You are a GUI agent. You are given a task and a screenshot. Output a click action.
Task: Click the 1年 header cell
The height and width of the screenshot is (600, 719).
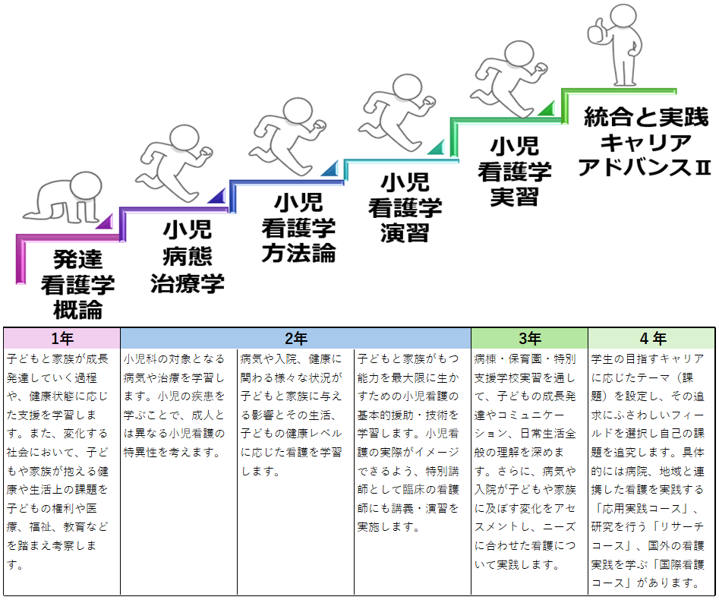[x=61, y=338]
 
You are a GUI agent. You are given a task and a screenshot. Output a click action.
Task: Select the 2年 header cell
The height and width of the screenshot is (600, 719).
[x=295, y=338]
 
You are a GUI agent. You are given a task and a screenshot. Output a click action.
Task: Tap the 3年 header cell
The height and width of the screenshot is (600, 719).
[x=529, y=338]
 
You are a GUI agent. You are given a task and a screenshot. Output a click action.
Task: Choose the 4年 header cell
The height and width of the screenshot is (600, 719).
[x=651, y=338]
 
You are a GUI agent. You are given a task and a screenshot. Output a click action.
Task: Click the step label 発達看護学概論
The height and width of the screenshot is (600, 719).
[x=77, y=284]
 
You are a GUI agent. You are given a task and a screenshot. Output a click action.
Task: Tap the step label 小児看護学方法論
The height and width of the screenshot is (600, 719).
[x=298, y=226]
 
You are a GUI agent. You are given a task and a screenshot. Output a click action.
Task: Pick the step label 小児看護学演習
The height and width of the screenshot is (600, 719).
[x=405, y=206]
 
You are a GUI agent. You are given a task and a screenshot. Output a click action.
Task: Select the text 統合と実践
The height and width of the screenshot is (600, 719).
[x=646, y=118]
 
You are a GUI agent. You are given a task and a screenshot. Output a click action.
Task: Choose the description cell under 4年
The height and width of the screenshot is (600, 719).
[x=651, y=471]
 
